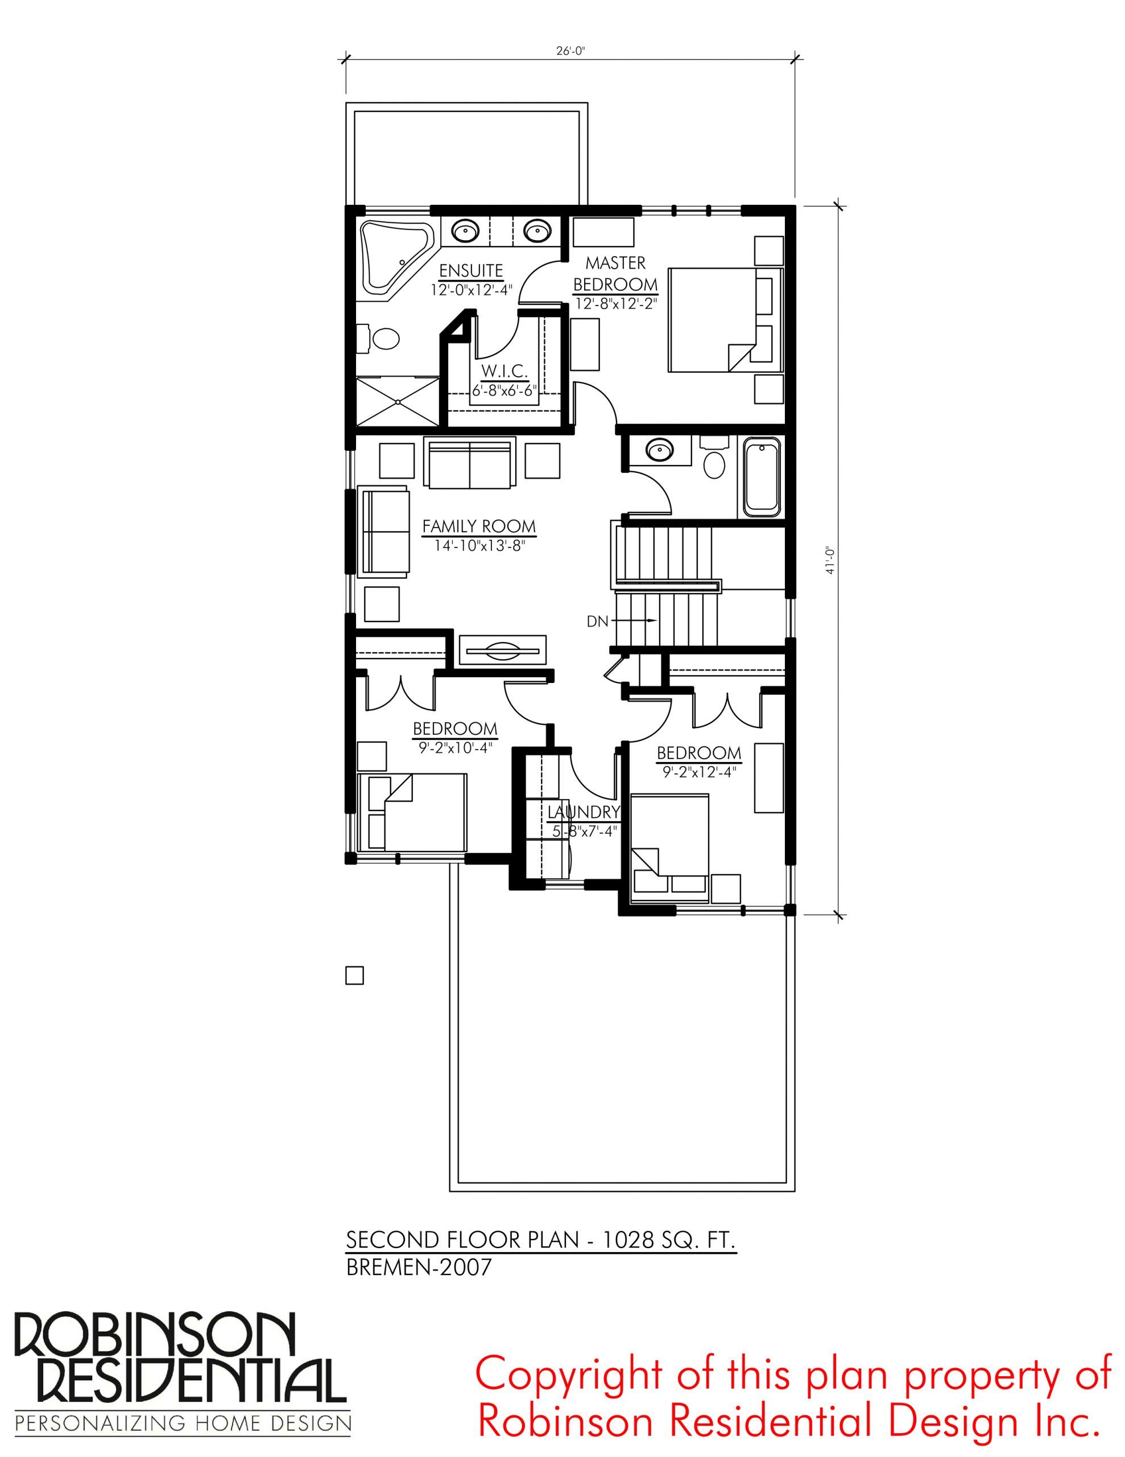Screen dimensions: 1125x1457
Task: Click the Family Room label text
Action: coord(479,527)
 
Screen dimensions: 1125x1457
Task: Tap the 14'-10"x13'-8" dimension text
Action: coord(479,546)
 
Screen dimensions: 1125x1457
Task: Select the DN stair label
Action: coord(598,622)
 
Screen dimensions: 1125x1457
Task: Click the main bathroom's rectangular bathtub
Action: coord(762,477)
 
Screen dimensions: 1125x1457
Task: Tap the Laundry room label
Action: coord(584,812)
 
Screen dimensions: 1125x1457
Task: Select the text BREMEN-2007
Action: coord(419,1267)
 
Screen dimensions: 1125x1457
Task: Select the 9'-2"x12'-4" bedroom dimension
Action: coord(699,772)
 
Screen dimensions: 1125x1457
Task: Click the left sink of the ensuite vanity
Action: coord(465,232)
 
